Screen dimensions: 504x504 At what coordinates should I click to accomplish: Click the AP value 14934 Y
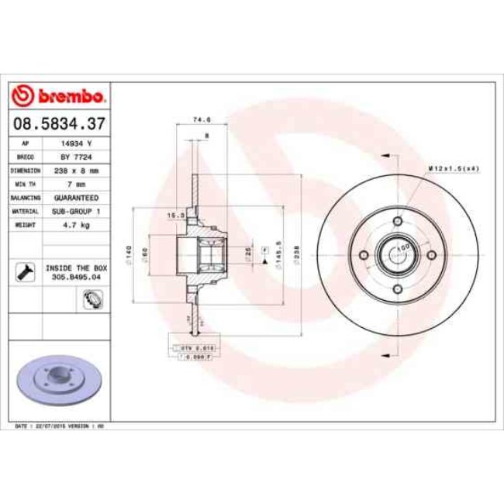coord(76,143)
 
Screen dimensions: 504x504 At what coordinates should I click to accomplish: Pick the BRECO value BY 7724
coord(76,157)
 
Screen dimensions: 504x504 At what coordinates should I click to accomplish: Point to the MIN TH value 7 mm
coord(76,184)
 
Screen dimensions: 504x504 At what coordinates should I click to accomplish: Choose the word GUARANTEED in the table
coord(76,198)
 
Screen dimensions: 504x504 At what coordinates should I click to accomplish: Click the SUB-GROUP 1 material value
coord(76,211)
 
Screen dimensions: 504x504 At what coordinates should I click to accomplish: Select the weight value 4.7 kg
coord(76,225)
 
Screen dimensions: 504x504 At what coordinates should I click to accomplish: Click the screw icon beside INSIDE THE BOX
coord(26,271)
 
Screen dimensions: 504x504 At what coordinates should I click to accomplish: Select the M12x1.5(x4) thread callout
coord(454,168)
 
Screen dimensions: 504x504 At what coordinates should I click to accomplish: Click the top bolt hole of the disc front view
coord(398,222)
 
